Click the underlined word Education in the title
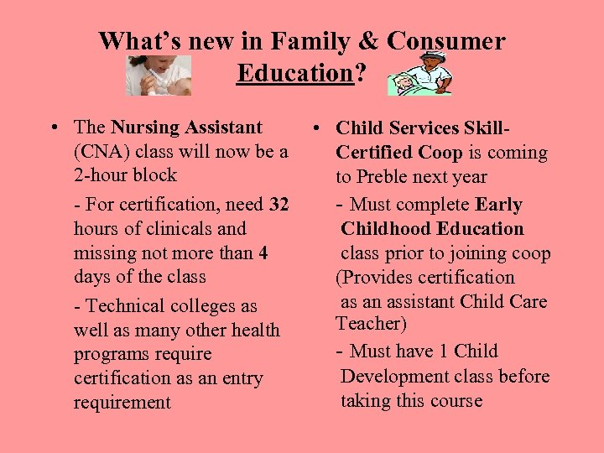[294, 73]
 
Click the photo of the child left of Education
[159, 75]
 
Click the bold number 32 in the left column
[279, 204]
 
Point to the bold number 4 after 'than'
[263, 253]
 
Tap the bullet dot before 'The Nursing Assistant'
[53, 128]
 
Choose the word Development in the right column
[394, 376]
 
